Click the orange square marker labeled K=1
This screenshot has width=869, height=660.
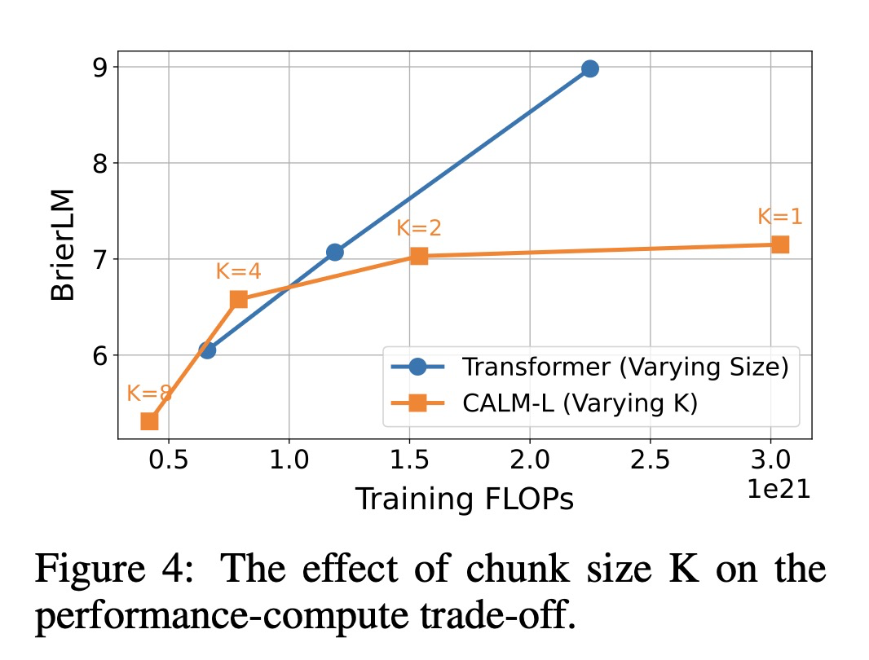(x=779, y=244)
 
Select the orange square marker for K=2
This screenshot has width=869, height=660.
(x=419, y=256)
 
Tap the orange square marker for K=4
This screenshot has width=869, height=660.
(x=239, y=299)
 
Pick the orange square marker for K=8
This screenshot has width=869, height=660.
(x=149, y=420)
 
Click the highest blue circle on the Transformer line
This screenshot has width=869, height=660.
(x=589, y=68)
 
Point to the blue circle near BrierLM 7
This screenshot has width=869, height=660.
(x=334, y=253)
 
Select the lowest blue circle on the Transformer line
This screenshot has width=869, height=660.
(x=207, y=350)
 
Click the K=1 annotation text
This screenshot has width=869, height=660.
(x=779, y=216)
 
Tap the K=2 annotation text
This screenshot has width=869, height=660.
(x=419, y=227)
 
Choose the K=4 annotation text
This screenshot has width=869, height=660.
(x=239, y=271)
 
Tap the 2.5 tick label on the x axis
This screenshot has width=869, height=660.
(x=651, y=460)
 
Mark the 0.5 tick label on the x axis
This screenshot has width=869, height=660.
(x=169, y=460)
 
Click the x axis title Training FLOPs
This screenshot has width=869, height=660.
(x=464, y=499)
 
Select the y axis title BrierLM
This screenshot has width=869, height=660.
(x=63, y=244)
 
